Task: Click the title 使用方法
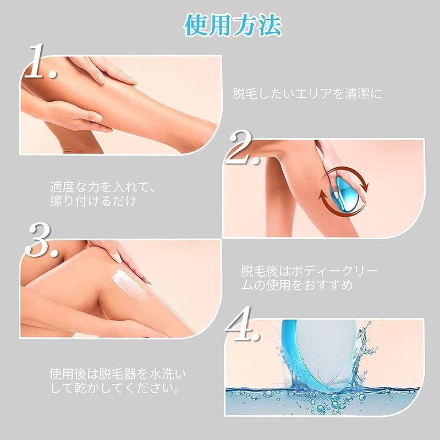point(233,25)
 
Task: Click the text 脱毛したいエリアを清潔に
point(306,94)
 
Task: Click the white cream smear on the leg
point(130,285)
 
